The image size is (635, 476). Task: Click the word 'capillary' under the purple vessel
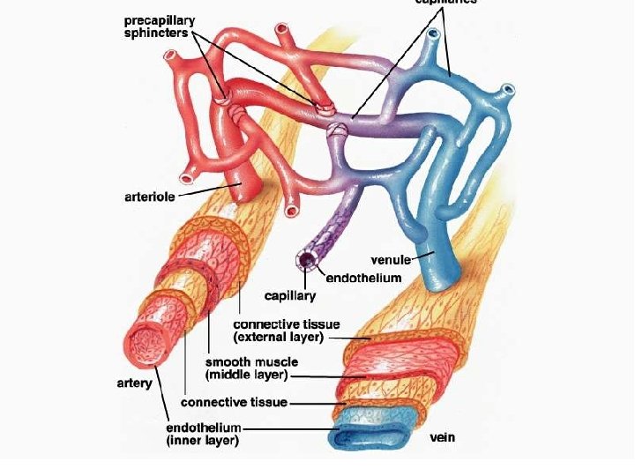tap(291, 295)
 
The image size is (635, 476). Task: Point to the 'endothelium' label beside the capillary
tap(364, 278)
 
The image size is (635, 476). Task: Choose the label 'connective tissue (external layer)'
tap(287, 331)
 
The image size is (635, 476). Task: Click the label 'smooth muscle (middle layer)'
tap(251, 368)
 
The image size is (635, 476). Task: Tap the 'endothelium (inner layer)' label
tap(204, 433)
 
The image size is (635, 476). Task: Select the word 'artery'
tap(135, 383)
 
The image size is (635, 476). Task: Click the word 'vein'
tap(443, 437)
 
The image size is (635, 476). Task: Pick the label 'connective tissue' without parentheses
tap(234, 403)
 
